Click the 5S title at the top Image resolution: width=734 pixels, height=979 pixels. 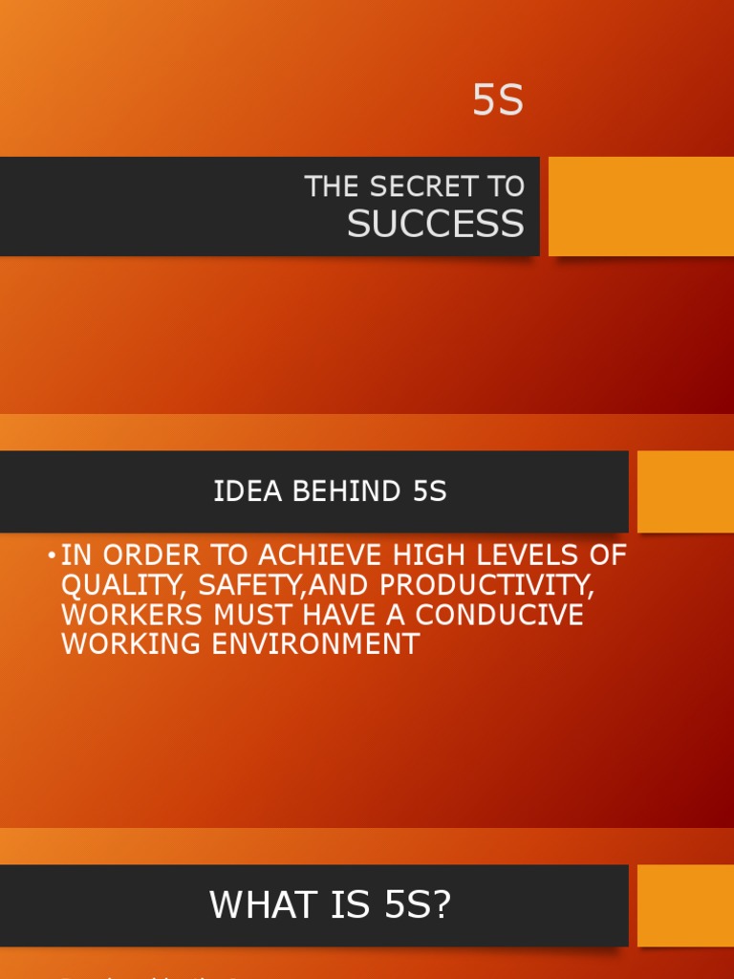tap(498, 100)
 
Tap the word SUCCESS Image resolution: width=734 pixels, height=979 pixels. tap(435, 224)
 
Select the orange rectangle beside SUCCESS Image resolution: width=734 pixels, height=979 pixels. tap(640, 207)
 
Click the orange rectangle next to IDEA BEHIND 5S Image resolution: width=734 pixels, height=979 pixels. tap(685, 491)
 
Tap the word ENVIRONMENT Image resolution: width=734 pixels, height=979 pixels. tap(315, 644)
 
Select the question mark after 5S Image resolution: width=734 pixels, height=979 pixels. tap(441, 905)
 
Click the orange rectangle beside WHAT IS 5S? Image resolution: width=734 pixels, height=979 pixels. tap(685, 905)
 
